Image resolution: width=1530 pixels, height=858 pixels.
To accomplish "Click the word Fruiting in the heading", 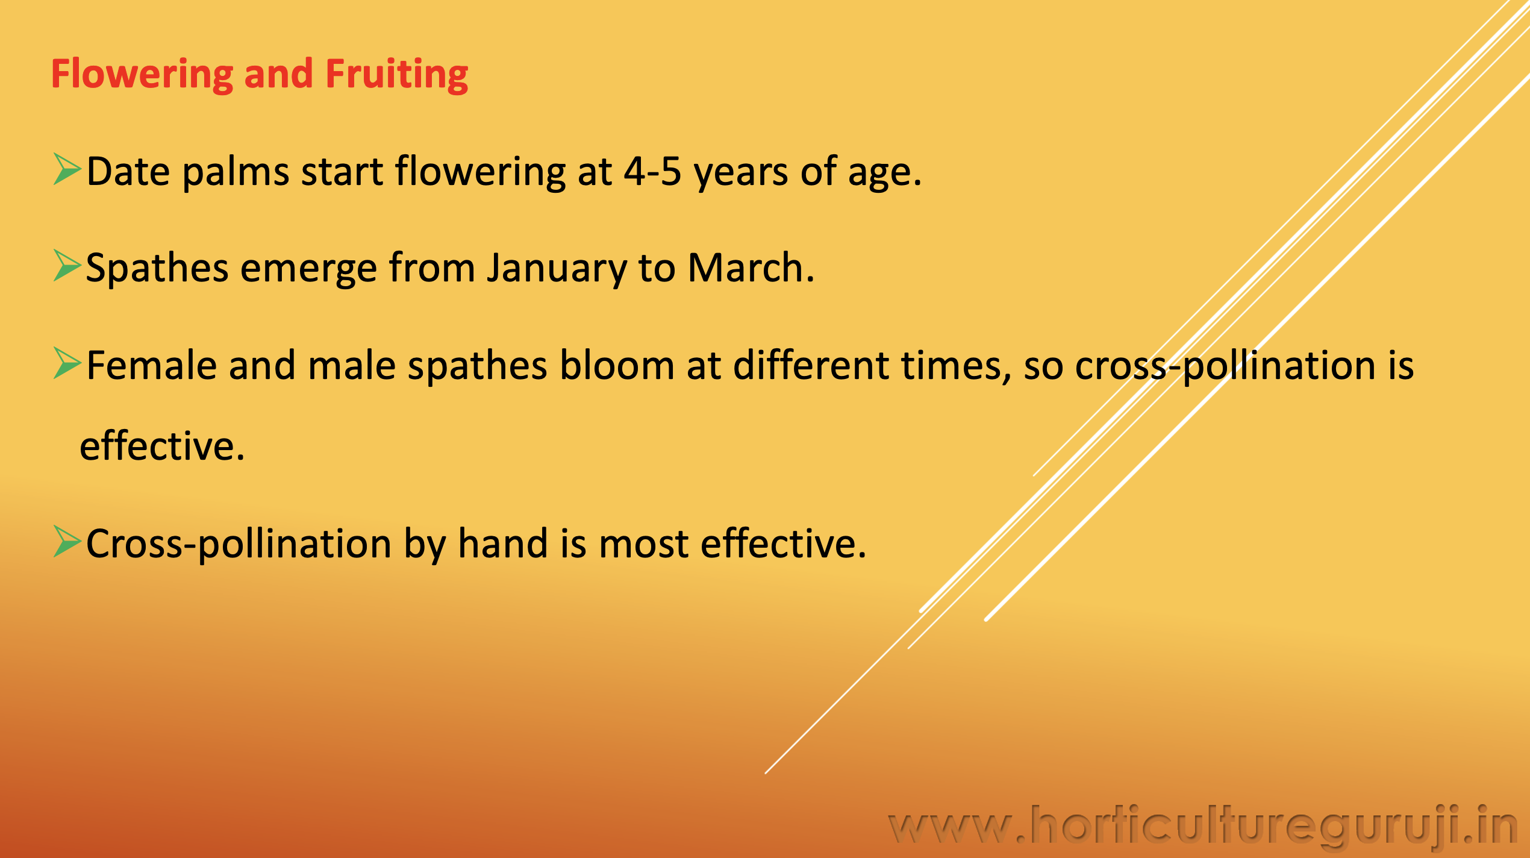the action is coord(396,75).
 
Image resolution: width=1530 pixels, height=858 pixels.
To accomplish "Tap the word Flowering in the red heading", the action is coord(142,75).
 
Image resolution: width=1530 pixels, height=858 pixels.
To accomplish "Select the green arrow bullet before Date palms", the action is coord(67,169).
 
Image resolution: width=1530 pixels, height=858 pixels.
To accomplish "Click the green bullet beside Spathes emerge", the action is coord(67,266).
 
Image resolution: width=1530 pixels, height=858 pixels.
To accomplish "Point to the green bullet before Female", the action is coord(67,363).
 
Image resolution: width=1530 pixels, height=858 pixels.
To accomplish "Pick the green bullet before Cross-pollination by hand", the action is coord(67,541).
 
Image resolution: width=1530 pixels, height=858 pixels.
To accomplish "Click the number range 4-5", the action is coord(652,171).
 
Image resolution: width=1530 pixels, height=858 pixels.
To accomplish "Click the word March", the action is coord(751,268).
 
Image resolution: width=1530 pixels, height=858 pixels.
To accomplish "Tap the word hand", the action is coord(503,543).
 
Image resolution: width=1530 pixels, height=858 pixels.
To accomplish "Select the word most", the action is coord(644,545).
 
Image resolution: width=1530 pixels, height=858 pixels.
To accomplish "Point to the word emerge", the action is coord(308,270).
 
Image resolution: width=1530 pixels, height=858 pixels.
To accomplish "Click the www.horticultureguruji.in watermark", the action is coord(1202,825).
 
